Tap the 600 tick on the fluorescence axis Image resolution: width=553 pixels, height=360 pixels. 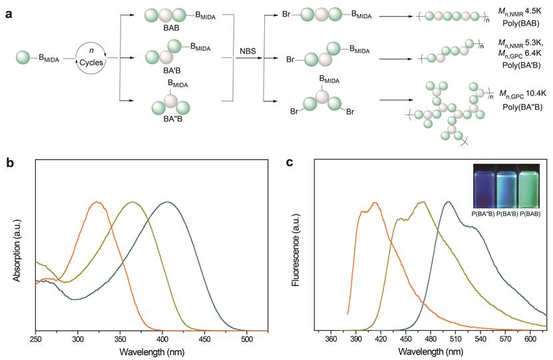pos(530,339)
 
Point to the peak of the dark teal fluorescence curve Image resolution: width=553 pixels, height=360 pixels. pos(449,202)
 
